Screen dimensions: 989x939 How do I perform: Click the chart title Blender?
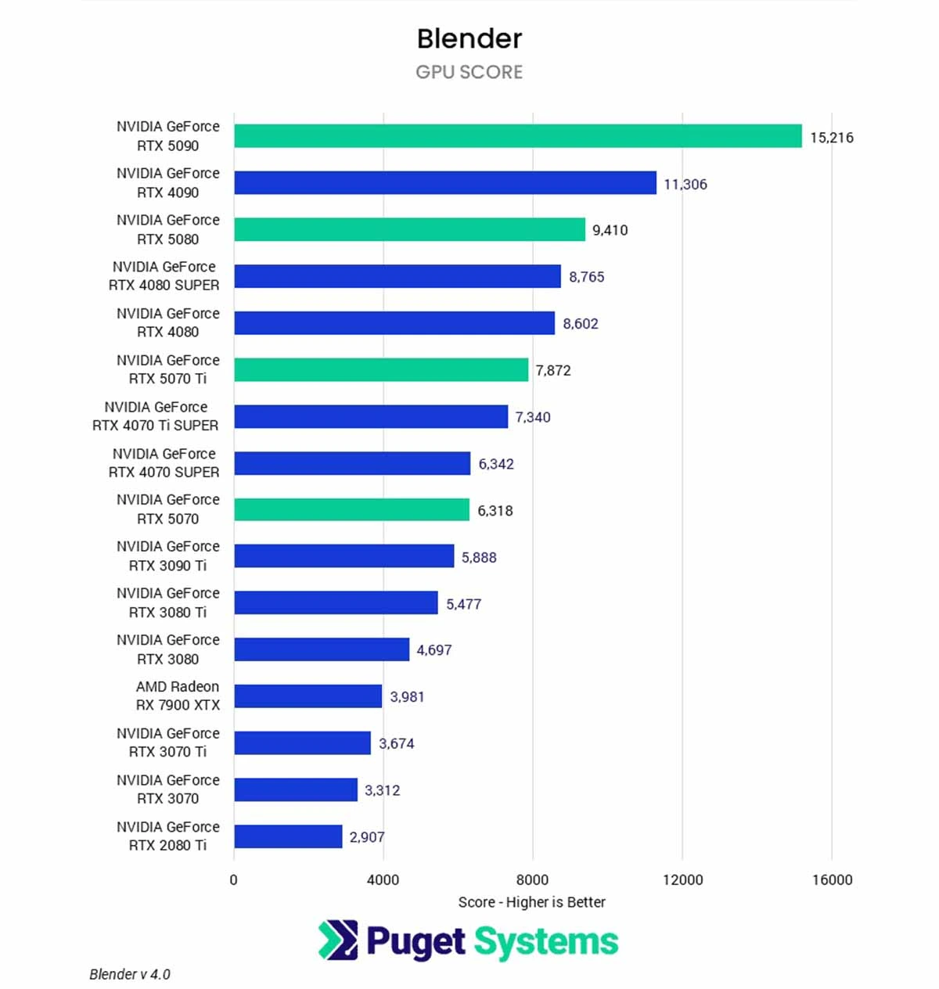click(x=469, y=38)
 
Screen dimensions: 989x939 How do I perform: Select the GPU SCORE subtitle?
click(x=469, y=72)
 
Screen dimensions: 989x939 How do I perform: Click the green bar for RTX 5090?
click(x=517, y=136)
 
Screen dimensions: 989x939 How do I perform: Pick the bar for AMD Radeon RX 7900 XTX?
click(x=308, y=696)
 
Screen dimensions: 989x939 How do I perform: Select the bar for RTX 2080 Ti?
click(x=288, y=836)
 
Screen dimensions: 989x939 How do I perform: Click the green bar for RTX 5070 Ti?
click(x=381, y=370)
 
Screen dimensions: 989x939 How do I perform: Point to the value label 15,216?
click(x=831, y=138)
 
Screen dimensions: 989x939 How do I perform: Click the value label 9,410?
click(x=610, y=230)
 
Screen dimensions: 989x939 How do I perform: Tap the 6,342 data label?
click(x=496, y=464)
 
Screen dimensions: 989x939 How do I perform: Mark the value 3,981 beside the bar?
click(x=407, y=697)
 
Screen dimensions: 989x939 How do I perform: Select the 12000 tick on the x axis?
click(x=682, y=879)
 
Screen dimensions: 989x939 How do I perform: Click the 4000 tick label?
click(x=383, y=879)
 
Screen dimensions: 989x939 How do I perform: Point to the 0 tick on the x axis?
click(x=233, y=879)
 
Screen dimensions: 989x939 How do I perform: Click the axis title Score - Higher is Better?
click(x=531, y=902)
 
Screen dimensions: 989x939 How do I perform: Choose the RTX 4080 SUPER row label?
click(x=164, y=276)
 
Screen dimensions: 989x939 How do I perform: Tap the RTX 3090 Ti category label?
click(x=167, y=556)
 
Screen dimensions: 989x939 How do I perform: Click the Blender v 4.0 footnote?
click(x=130, y=974)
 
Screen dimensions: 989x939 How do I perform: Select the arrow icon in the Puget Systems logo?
click(x=338, y=940)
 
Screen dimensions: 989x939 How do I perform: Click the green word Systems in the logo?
click(x=545, y=942)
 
